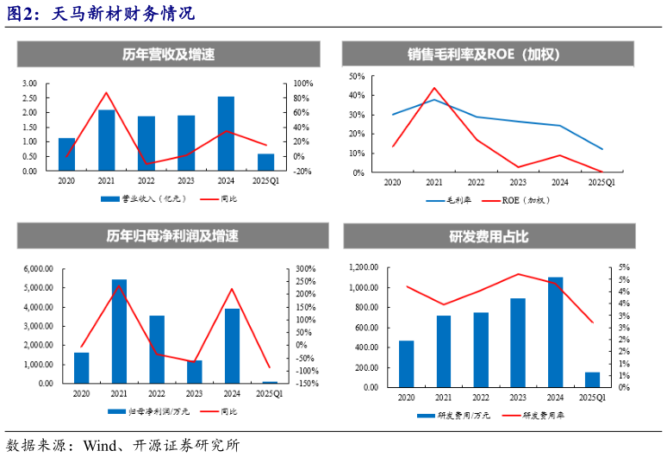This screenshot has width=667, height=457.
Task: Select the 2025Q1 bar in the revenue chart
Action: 266,162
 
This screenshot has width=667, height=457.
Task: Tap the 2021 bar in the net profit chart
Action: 119,331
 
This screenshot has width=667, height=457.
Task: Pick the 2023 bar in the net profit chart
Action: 195,372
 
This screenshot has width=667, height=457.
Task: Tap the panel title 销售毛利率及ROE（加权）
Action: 489,54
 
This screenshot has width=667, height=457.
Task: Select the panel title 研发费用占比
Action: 489,236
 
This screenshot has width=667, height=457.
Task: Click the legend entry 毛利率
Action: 452,200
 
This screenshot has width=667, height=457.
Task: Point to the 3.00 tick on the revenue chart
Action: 29,84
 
